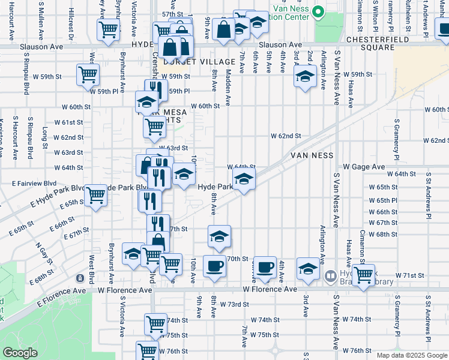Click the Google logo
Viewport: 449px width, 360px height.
click(x=20, y=353)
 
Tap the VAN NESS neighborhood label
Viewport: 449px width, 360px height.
click(x=312, y=155)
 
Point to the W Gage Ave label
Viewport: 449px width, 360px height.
click(x=363, y=166)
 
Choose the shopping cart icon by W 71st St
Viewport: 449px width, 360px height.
click(x=363, y=275)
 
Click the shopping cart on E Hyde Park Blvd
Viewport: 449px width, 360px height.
click(x=96, y=196)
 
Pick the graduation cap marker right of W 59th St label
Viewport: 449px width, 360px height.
click(x=305, y=76)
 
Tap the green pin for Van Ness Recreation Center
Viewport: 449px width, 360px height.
click(x=318, y=11)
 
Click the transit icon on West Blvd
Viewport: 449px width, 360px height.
click(x=80, y=278)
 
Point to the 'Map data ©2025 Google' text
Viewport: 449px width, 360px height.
click(x=412, y=355)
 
